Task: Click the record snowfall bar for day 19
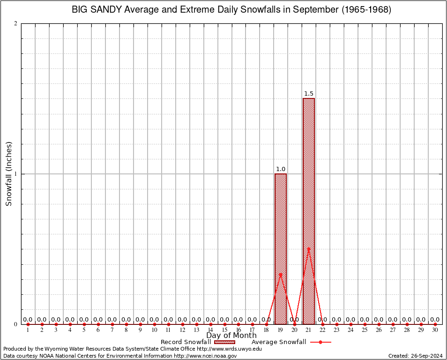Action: coord(280,248)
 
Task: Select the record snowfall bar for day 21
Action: coord(308,211)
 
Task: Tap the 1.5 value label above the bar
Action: coord(308,94)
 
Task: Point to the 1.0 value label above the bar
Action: coord(280,169)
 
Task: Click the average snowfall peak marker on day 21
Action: coord(308,248)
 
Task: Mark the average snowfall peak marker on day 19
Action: coord(280,274)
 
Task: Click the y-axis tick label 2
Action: coord(15,23)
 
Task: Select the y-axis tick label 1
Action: coord(15,174)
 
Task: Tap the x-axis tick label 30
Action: coord(435,330)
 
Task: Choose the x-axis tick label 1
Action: coord(28,330)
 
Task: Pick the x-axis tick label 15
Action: coord(224,330)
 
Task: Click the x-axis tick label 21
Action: coord(308,330)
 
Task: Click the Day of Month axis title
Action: coord(231,336)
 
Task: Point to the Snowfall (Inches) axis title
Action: coord(8,174)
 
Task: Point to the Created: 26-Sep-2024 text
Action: coord(416,356)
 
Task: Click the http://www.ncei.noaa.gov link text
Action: coord(205,356)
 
